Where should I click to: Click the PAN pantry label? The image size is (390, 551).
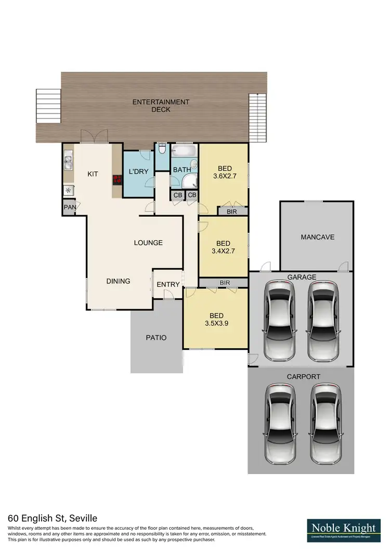[69, 207]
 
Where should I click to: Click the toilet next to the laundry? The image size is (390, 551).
[162, 151]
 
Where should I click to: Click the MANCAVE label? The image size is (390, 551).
[317, 237]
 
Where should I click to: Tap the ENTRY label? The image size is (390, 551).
[168, 284]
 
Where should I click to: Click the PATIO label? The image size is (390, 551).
[156, 337]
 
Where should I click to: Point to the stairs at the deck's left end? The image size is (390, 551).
[48, 107]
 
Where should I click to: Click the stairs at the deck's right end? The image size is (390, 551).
[257, 118]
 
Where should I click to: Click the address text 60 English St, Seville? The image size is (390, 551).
[53, 518]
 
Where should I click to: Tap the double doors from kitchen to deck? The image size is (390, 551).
[94, 137]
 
